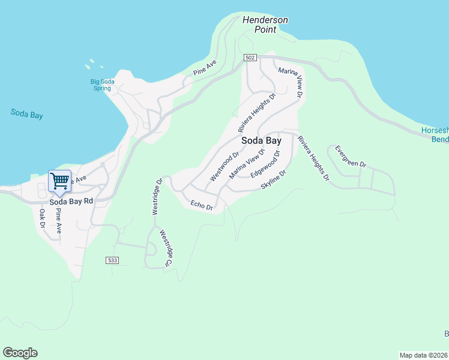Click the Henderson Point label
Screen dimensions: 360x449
point(265,25)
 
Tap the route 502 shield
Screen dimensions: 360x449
point(251,58)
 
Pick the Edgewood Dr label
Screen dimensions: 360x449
point(265,164)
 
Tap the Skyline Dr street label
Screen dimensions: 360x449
point(274,179)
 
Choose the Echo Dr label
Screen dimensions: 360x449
point(202,206)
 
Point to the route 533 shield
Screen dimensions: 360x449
point(112,260)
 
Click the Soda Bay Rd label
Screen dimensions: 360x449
point(71,202)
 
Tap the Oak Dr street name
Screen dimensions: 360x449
point(43,218)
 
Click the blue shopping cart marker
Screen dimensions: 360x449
point(59,181)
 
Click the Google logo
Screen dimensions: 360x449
point(20,353)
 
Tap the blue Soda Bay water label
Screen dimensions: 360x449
point(27,113)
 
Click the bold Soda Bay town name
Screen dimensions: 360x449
point(261,141)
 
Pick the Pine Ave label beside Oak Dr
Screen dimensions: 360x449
point(58,221)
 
